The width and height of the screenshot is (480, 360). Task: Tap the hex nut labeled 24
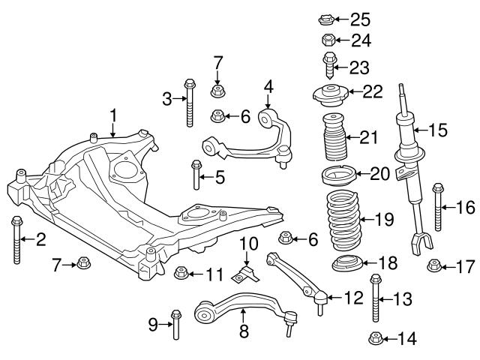(328, 40)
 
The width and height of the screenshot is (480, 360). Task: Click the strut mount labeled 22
(330, 95)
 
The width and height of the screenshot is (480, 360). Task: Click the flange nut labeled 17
(433, 265)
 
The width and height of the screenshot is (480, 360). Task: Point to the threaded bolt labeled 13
(375, 299)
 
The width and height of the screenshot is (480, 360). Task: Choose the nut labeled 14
(374, 339)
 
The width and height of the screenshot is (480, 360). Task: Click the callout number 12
(352, 298)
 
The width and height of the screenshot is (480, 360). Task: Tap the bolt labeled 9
(175, 322)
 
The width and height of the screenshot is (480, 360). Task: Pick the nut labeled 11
(180, 271)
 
